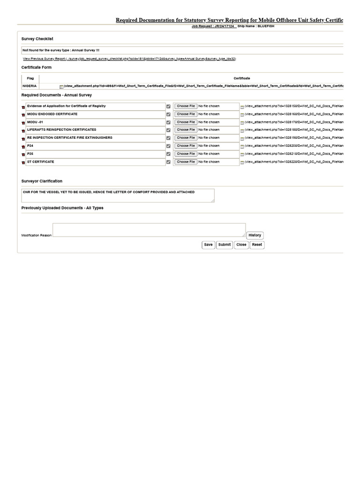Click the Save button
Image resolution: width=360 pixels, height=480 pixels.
[x=208, y=245]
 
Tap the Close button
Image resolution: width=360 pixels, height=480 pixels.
[x=241, y=245]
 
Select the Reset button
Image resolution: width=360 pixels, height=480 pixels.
[x=257, y=245]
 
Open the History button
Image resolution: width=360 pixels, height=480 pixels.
[x=255, y=235]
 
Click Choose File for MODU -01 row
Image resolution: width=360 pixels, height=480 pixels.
[x=186, y=122]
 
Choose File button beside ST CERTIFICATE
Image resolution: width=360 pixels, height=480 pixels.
[x=186, y=162]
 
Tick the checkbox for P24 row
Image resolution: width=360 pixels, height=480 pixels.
[x=168, y=146]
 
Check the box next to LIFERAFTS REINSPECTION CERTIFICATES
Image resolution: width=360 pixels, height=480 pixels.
[x=168, y=130]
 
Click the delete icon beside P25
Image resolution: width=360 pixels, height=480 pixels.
[x=23, y=155]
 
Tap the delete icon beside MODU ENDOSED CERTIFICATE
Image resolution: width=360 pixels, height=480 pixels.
[x=23, y=115]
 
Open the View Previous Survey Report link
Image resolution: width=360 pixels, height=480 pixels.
[x=129, y=59]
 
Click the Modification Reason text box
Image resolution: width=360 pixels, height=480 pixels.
[x=149, y=230]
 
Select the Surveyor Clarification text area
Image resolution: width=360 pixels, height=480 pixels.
[x=118, y=195]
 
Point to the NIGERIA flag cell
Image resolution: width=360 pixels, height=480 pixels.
[x=30, y=86]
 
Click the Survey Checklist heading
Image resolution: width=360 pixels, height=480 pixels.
[x=37, y=38]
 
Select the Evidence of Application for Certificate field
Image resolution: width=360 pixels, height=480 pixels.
[x=96, y=107]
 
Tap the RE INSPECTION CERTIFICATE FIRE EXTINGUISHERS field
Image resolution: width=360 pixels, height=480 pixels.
[x=96, y=138]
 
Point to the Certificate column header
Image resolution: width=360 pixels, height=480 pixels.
[x=242, y=78]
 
